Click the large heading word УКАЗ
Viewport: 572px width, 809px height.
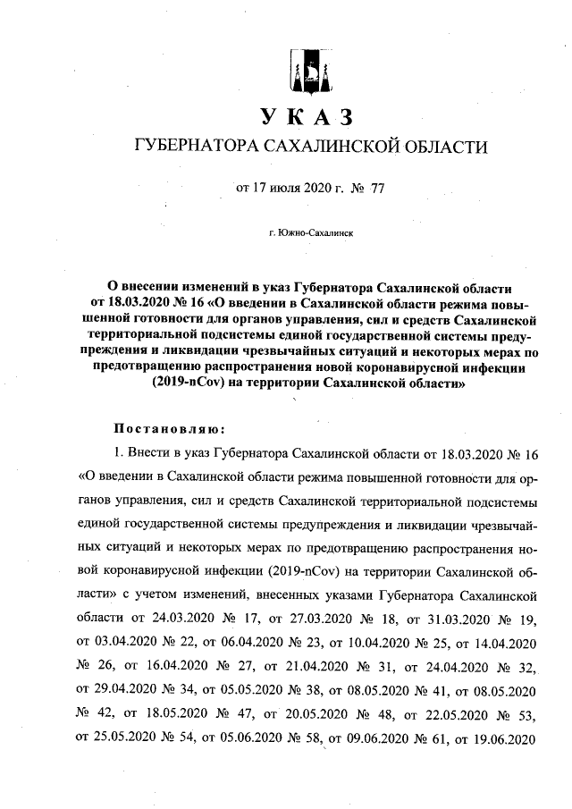tap(308, 116)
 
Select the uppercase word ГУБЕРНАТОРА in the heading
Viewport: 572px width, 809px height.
tap(191, 146)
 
